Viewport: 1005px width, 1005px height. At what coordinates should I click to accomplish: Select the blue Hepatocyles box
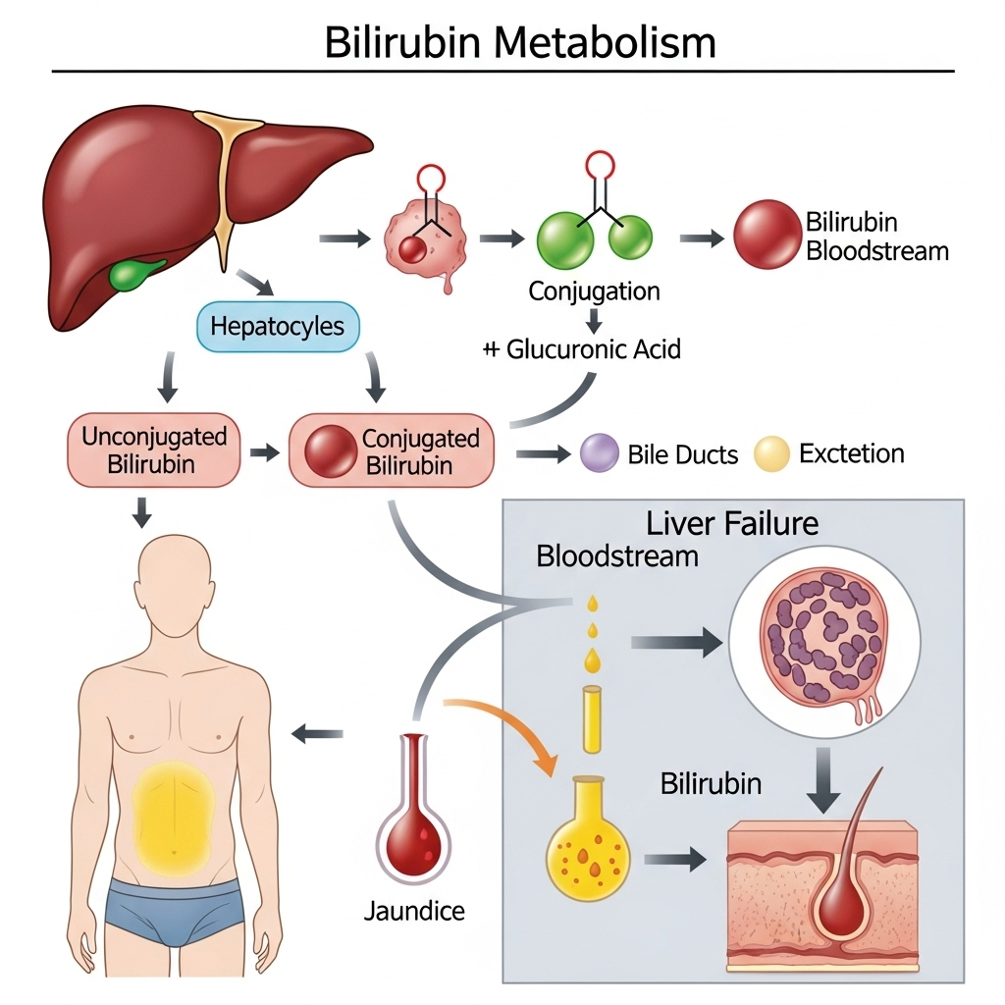[x=279, y=327]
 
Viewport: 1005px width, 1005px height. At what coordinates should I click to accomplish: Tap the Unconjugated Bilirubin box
[x=154, y=450]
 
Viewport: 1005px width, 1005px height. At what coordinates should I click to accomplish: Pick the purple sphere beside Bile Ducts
[x=599, y=454]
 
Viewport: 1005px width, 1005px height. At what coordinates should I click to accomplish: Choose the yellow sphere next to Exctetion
[x=771, y=454]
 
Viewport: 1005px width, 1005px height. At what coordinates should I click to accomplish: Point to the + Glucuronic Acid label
[x=581, y=349]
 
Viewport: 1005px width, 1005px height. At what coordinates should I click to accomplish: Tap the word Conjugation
[x=594, y=291]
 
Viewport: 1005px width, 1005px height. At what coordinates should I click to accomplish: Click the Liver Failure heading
[x=731, y=523]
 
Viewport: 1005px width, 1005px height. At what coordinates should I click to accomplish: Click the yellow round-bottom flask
[x=587, y=844]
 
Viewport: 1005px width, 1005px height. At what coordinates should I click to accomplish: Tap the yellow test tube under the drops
[x=591, y=719]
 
